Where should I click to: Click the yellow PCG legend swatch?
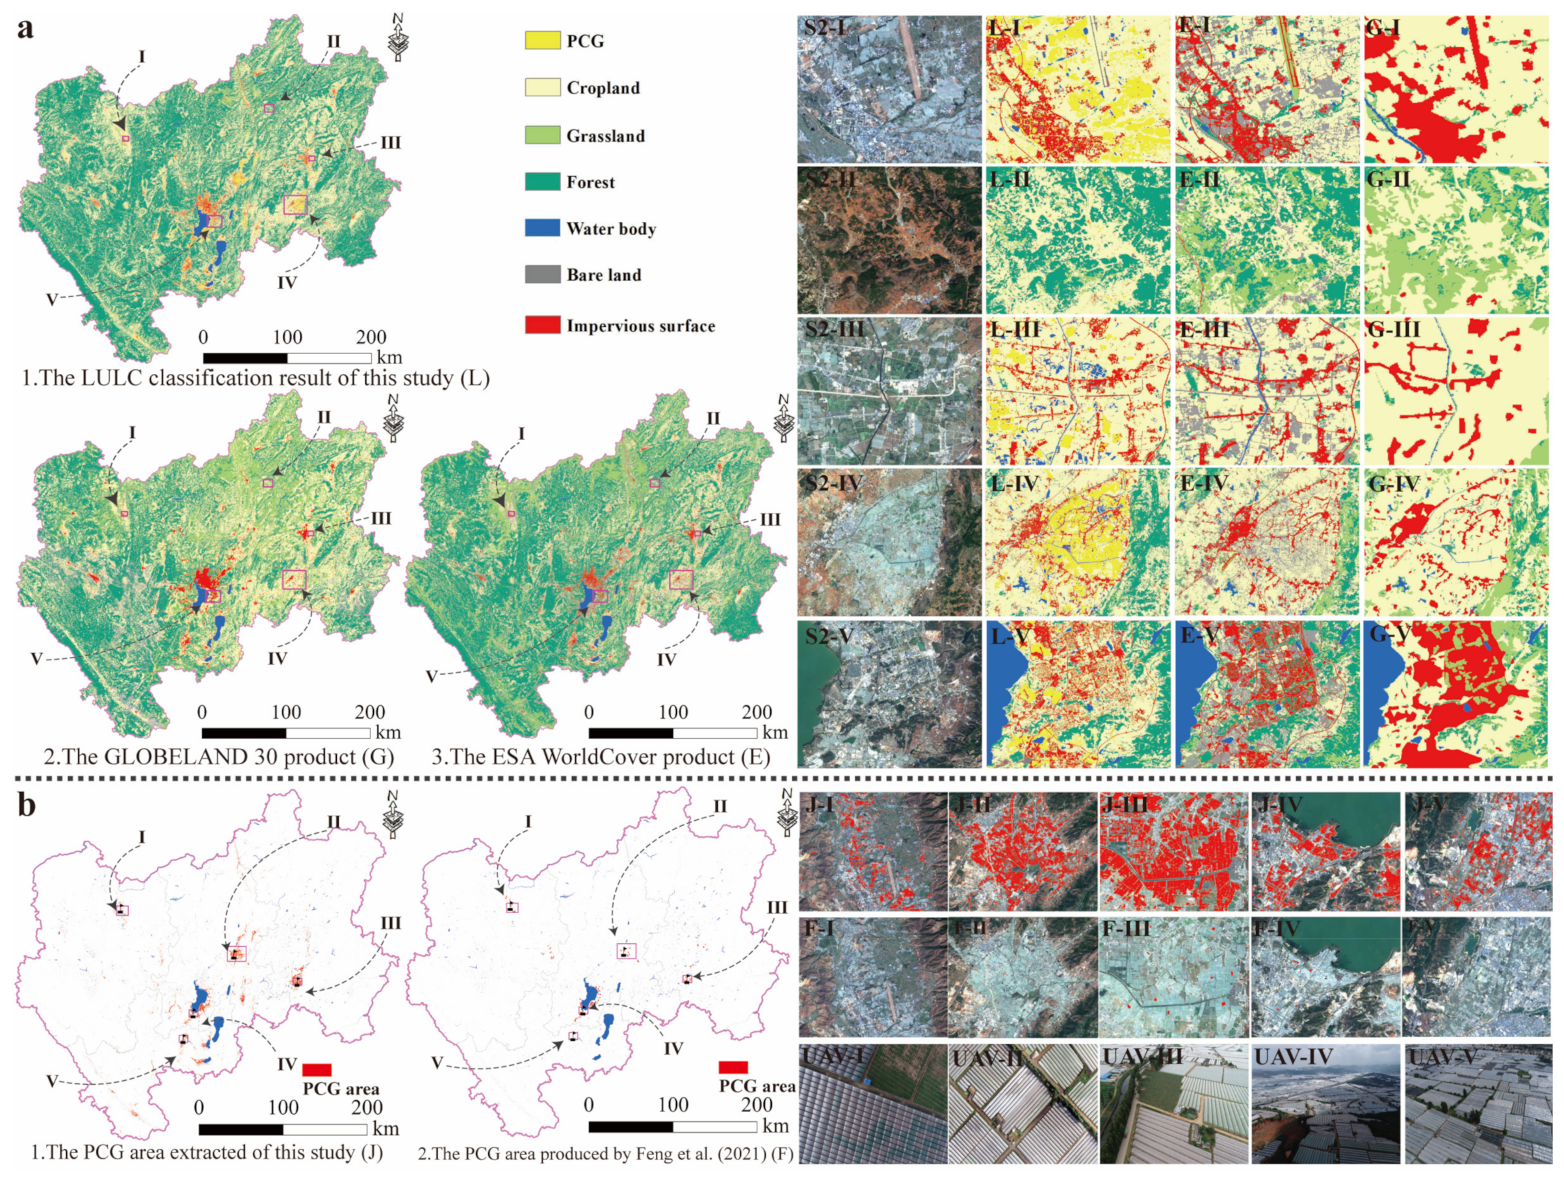click(542, 40)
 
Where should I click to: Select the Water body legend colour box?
click(542, 227)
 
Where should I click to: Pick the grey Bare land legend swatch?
click(542, 274)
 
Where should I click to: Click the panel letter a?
click(26, 30)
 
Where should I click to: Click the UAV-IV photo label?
click(1293, 1058)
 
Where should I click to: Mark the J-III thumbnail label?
click(1123, 805)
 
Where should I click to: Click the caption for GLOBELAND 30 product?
click(218, 757)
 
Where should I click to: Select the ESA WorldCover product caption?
click(601, 757)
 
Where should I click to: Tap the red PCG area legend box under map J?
click(317, 1070)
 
